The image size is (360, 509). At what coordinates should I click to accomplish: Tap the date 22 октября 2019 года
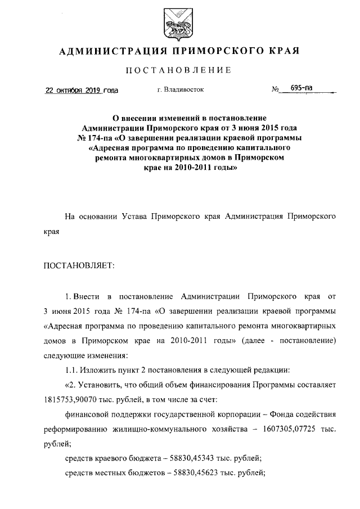(82, 89)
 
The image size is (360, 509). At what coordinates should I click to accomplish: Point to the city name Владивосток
(185, 89)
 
